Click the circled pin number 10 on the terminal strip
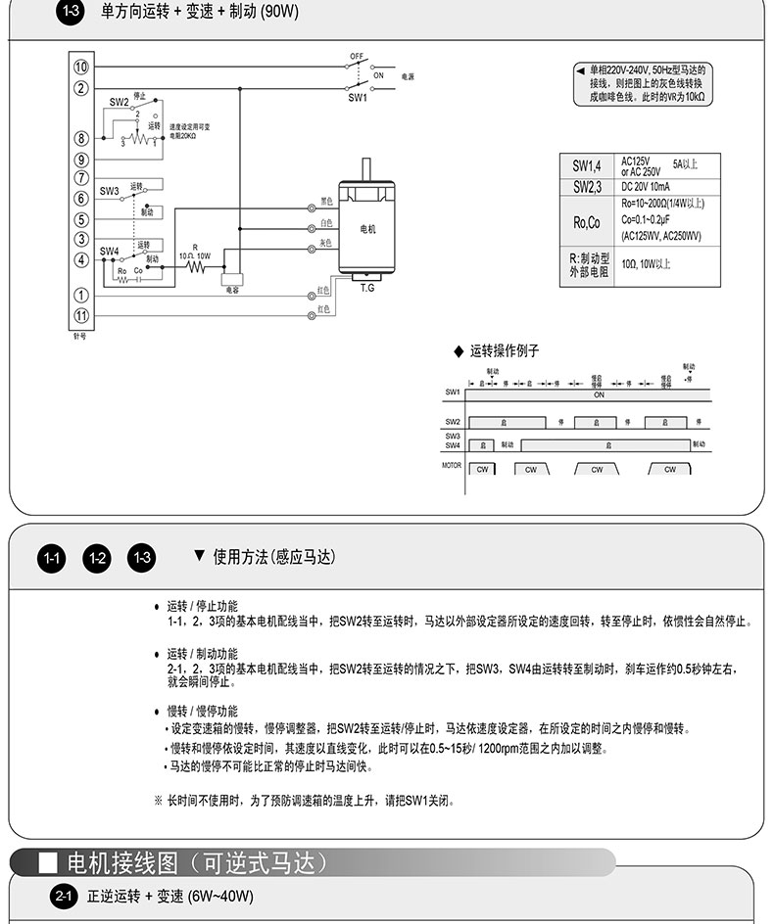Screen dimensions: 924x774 click(81, 67)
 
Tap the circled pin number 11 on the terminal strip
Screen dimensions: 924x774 click(81, 315)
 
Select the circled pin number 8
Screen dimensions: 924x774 click(81, 139)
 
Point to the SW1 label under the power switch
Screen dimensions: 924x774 click(357, 98)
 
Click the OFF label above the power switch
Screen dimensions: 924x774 click(357, 56)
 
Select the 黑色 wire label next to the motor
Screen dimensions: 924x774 click(326, 202)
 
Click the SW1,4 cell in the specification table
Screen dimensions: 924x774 click(587, 166)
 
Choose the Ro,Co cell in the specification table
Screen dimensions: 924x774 click(587, 222)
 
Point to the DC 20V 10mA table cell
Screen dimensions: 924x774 click(646, 187)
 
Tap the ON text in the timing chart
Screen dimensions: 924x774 click(599, 395)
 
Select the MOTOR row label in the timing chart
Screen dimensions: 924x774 click(451, 466)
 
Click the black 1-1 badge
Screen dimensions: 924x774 click(53, 558)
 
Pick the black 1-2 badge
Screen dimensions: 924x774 click(97, 558)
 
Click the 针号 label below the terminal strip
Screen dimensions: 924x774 click(80, 335)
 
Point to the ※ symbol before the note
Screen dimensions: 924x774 click(158, 801)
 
